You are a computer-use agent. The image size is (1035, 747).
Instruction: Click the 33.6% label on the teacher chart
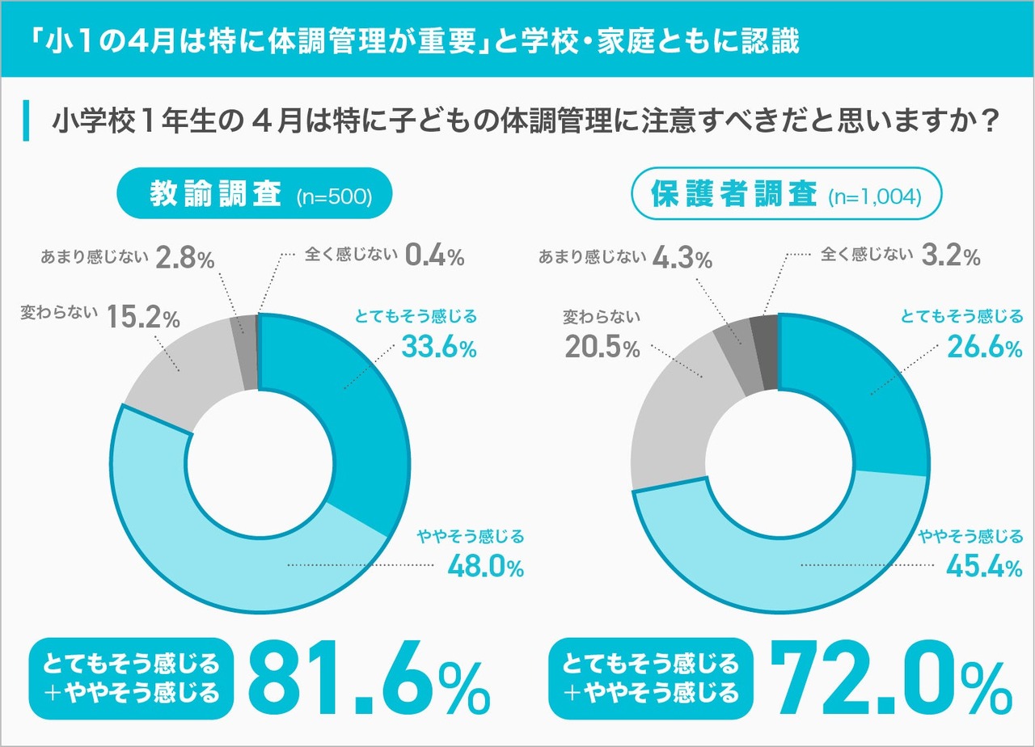(x=439, y=348)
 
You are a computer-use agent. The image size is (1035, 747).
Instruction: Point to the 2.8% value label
(x=184, y=259)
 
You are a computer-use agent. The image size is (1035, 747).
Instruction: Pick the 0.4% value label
(x=434, y=256)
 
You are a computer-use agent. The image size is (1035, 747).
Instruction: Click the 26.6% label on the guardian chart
(x=985, y=348)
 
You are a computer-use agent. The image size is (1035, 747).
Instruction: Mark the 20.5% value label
(x=602, y=348)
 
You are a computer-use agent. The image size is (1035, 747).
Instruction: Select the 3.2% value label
(x=951, y=256)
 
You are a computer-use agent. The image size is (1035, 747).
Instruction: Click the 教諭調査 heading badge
(x=214, y=195)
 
